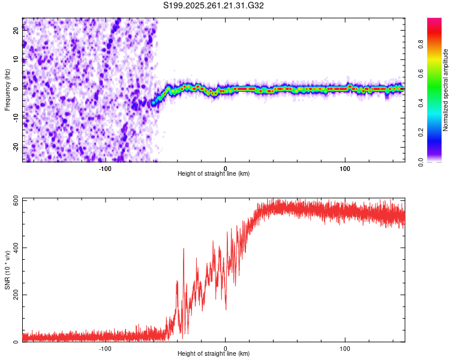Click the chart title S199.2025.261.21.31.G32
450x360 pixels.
214,6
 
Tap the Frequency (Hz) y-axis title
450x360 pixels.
7,90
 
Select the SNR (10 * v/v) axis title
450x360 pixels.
7,270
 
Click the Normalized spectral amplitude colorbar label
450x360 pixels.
445,90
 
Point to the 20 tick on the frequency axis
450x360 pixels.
16,32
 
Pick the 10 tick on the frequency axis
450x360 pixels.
16,60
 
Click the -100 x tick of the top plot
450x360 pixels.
105,168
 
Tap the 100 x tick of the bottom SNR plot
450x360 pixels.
345,348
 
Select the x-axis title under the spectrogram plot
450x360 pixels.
214,174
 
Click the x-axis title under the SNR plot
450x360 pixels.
214,354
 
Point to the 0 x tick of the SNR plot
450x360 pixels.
225,348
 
